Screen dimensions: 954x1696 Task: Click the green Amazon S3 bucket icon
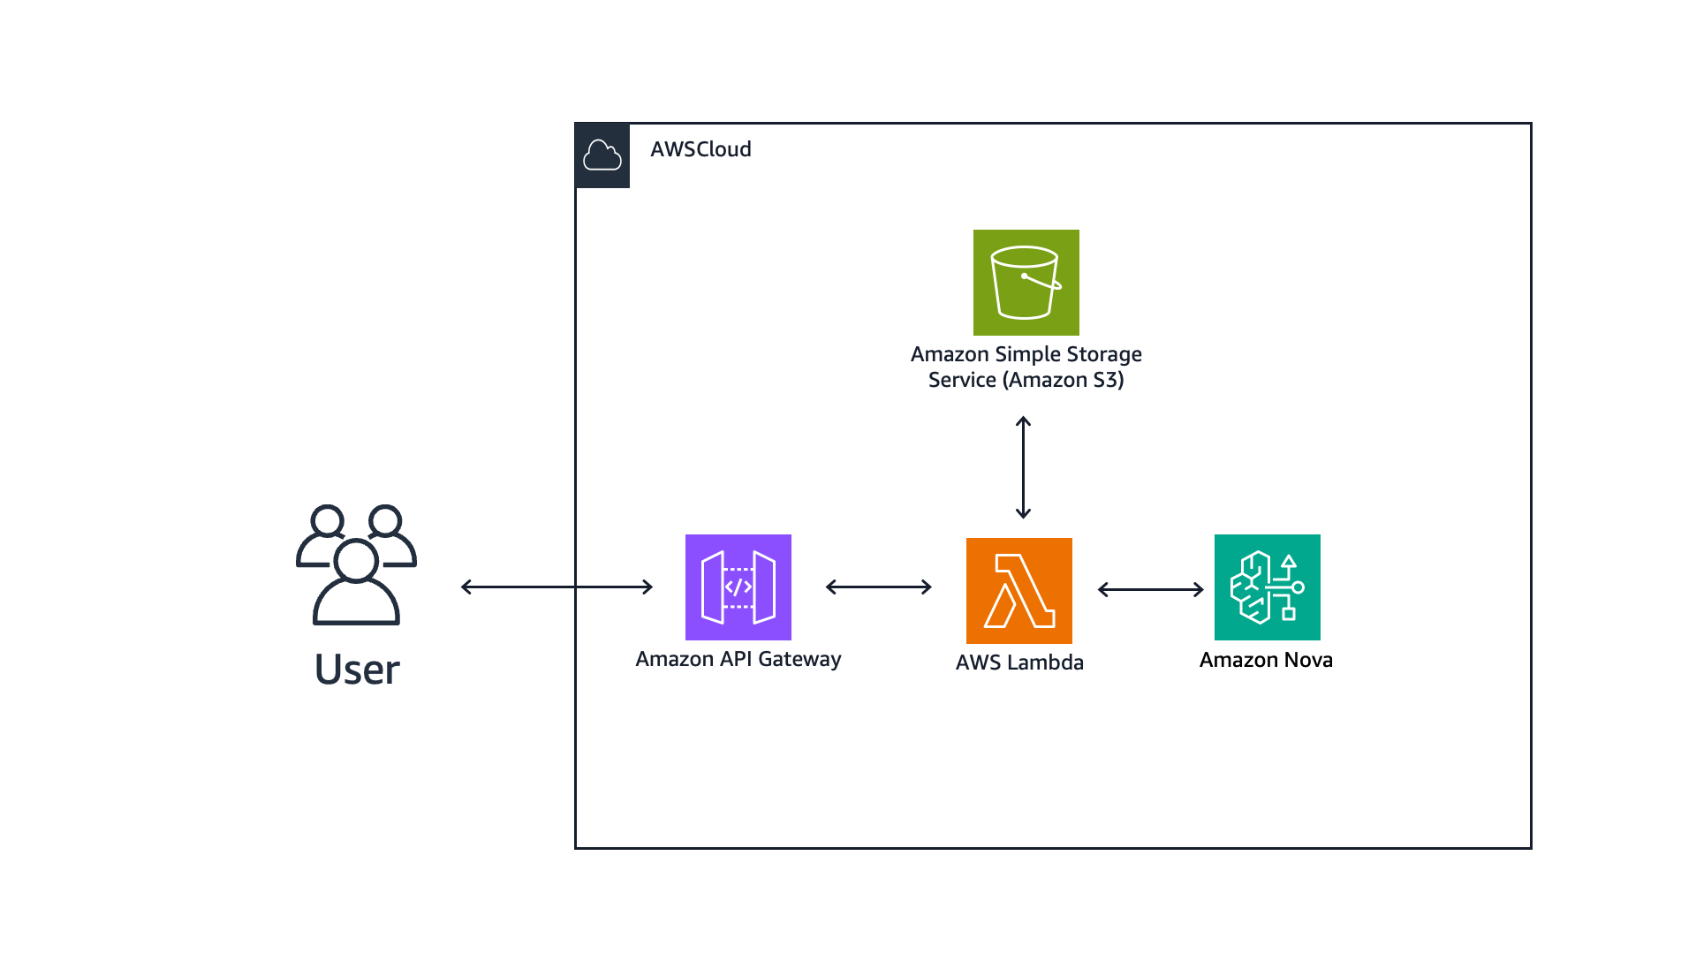click(x=1026, y=283)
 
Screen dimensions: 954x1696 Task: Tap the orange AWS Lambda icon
click(x=1018, y=590)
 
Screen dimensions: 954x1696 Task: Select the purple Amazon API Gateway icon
click(x=738, y=587)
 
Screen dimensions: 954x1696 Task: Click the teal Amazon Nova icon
click(x=1267, y=587)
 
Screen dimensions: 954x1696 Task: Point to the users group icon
click(x=356, y=565)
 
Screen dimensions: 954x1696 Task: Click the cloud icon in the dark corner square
click(x=602, y=155)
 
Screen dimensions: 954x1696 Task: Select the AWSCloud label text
click(x=700, y=149)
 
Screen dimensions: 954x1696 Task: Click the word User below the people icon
click(x=357, y=670)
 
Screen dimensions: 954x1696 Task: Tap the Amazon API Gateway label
click(x=738, y=659)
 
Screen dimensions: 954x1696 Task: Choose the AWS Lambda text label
click(x=1019, y=662)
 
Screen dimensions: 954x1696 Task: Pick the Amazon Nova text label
click(x=1266, y=660)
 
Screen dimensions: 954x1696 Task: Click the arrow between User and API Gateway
click(x=556, y=587)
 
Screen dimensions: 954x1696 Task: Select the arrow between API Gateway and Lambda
click(x=878, y=587)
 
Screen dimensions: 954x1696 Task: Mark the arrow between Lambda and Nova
click(x=1150, y=589)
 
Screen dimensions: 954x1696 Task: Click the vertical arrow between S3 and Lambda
click(x=1023, y=467)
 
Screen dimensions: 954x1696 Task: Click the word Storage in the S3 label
click(x=1104, y=354)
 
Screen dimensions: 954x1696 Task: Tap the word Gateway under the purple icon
click(x=799, y=659)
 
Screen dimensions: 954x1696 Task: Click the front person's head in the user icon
click(x=356, y=560)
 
